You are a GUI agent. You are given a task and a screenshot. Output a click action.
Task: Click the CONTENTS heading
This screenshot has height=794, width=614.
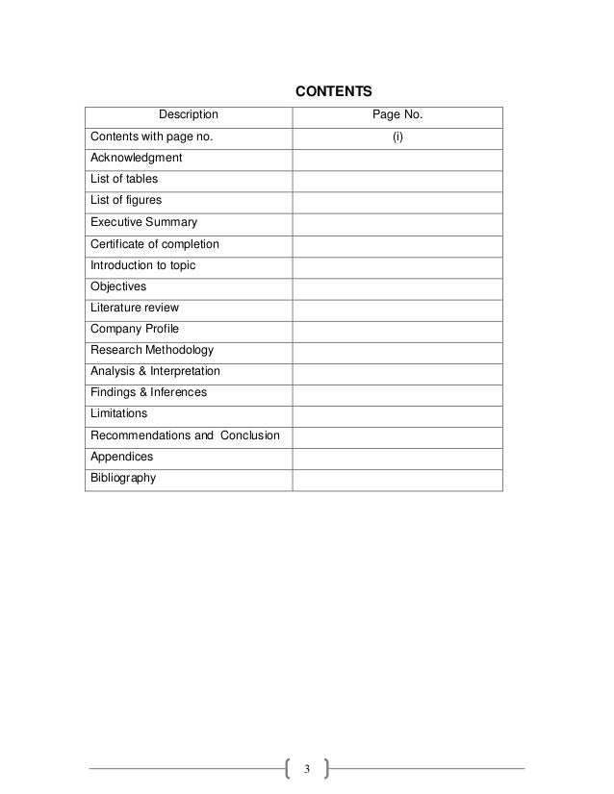pyautogui.click(x=333, y=92)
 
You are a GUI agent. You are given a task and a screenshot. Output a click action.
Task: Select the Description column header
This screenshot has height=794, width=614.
pyautogui.click(x=189, y=116)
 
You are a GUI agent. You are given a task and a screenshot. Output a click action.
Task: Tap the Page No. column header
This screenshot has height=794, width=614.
pyautogui.click(x=397, y=116)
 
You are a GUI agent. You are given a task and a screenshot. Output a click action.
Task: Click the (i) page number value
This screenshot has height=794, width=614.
pyautogui.click(x=397, y=136)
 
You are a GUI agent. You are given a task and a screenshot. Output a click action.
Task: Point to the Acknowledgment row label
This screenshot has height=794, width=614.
pyautogui.click(x=136, y=158)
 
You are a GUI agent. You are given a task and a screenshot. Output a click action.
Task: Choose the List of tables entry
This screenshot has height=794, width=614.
pyautogui.click(x=124, y=179)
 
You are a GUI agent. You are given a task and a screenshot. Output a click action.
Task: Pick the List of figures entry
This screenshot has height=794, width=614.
pyautogui.click(x=126, y=200)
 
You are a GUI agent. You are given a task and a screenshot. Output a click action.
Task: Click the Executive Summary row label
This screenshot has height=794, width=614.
pyautogui.click(x=143, y=222)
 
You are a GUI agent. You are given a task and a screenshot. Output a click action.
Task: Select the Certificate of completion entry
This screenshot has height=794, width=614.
pyautogui.click(x=155, y=243)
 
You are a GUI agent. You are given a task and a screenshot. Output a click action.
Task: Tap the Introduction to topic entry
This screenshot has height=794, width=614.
pyautogui.click(x=143, y=264)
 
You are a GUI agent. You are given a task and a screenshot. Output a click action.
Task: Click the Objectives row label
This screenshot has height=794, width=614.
pyautogui.click(x=118, y=285)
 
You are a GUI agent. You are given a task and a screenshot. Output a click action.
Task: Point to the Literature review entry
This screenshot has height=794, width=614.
pyautogui.click(x=135, y=308)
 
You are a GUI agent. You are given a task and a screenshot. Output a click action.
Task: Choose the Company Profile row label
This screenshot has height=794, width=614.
pyautogui.click(x=135, y=329)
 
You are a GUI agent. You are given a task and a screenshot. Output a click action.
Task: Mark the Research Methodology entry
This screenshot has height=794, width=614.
pyautogui.click(x=152, y=350)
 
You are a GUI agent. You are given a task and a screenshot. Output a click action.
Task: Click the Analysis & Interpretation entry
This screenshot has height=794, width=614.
pyautogui.click(x=155, y=371)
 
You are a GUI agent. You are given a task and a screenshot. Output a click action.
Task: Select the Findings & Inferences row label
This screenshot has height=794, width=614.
pyautogui.click(x=148, y=392)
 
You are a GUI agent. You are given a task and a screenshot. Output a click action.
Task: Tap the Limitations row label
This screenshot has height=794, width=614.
pyautogui.click(x=119, y=413)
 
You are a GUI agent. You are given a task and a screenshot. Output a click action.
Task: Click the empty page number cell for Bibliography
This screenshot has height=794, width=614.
pyautogui.click(x=397, y=478)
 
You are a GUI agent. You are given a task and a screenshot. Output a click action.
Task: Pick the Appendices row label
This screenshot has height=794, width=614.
pyautogui.click(x=122, y=457)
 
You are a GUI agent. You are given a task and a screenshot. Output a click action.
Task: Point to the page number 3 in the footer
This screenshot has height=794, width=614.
pyautogui.click(x=307, y=768)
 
